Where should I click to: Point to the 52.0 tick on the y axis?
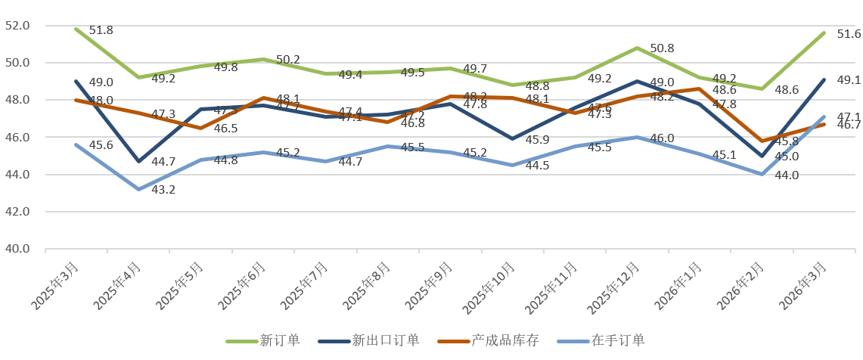pyautogui.click(x=17, y=26)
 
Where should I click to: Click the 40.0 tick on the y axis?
pyautogui.click(x=17, y=249)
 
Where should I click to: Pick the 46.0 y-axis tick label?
pyautogui.click(x=17, y=138)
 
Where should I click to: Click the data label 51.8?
pyautogui.click(x=101, y=30)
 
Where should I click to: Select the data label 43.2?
pyautogui.click(x=163, y=189)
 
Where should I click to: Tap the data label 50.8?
pyautogui.click(x=663, y=48)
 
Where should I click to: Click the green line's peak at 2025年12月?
pyautogui.click(x=638, y=48)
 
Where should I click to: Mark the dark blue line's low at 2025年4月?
pyautogui.click(x=138, y=161)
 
